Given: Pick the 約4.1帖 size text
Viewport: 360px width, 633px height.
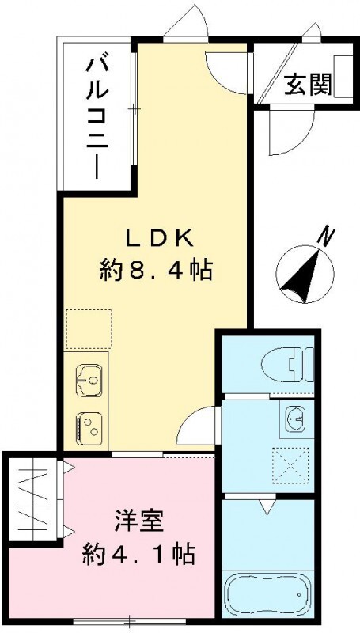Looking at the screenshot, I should coord(138,554).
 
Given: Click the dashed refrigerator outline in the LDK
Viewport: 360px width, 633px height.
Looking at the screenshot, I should coord(89,329).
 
